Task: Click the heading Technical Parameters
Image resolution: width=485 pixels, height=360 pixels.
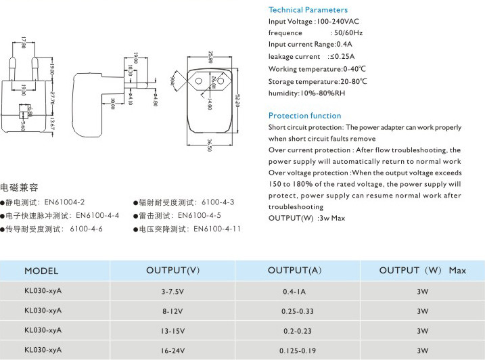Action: click(308, 9)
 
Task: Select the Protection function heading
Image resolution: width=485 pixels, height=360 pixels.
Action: click(304, 116)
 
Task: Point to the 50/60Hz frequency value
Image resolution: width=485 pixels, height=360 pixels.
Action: click(346, 32)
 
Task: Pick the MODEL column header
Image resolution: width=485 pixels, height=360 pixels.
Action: click(41, 271)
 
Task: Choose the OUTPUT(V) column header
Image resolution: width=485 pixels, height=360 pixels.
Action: click(173, 271)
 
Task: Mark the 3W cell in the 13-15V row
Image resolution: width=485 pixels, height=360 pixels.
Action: click(423, 331)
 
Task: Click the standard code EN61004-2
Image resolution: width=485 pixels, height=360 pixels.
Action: click(64, 202)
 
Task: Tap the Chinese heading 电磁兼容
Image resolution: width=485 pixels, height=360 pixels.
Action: click(19, 186)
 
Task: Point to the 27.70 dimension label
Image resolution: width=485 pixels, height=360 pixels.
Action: click(53, 97)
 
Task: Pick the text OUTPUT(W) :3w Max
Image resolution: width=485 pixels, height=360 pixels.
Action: click(306, 218)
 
